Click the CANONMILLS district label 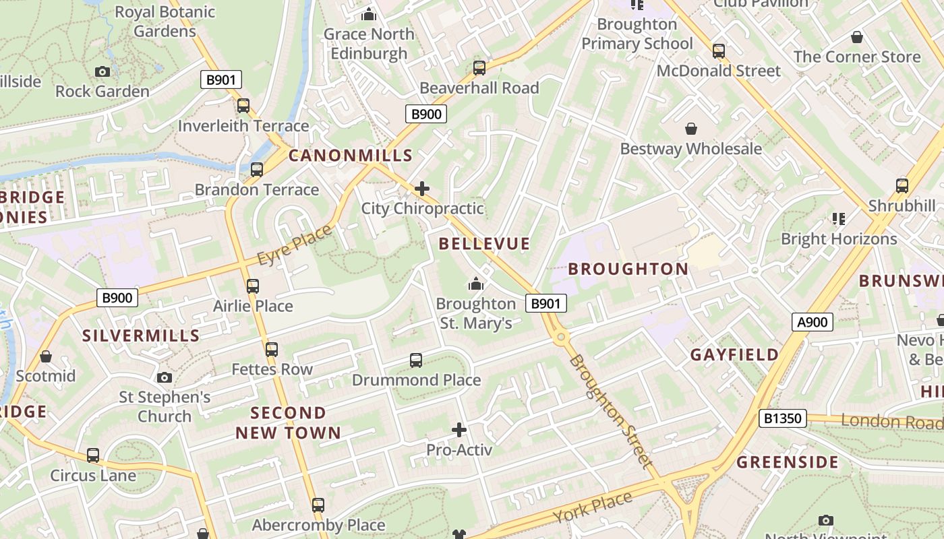[x=350, y=156]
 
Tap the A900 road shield [x=812, y=323]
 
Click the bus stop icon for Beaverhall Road [x=479, y=68]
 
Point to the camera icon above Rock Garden [x=102, y=71]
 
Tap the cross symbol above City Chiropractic [x=422, y=189]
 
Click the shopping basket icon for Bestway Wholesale [x=691, y=129]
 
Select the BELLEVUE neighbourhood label [x=484, y=244]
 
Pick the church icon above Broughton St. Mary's [x=476, y=284]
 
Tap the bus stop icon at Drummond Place [x=416, y=360]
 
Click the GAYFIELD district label [x=734, y=355]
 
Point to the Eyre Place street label [x=295, y=245]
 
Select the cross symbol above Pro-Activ [x=459, y=430]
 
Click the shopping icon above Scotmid [x=46, y=356]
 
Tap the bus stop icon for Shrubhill [x=902, y=186]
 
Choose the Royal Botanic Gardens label [x=165, y=22]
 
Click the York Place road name [x=593, y=507]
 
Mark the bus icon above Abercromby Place [x=318, y=505]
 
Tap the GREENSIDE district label [x=787, y=463]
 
